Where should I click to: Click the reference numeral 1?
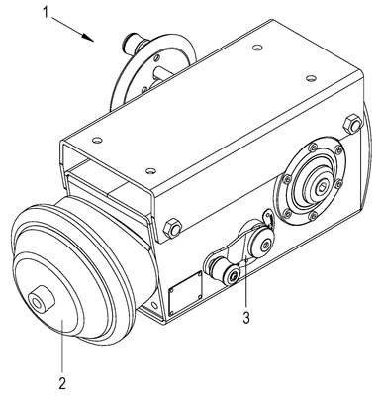47,12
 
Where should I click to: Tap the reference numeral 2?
62,383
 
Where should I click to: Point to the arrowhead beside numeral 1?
88,38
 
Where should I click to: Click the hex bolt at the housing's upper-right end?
352,123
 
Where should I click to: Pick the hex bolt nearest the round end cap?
172,228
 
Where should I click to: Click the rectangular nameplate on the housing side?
185,293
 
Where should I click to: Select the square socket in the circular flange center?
320,189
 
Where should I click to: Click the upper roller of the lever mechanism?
262,244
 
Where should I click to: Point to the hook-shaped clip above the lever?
269,218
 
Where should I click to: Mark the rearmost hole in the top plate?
256,48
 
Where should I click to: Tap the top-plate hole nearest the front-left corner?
96,140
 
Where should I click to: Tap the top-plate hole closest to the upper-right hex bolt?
310,78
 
